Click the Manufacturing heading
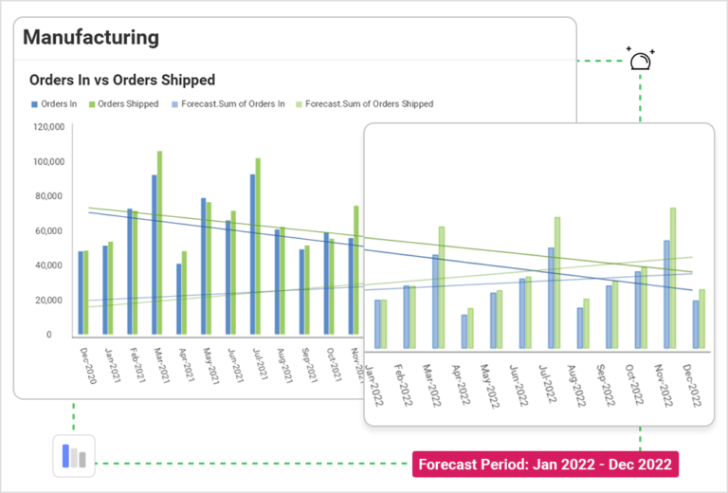[x=91, y=38]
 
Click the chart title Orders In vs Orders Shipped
[x=122, y=81]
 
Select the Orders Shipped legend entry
[x=125, y=104]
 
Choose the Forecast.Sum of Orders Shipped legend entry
[x=365, y=104]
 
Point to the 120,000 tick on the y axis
[x=47, y=126]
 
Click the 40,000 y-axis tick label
[x=47, y=265]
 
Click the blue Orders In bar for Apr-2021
[x=178, y=299]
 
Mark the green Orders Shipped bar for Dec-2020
[x=86, y=293]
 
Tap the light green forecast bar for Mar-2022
[x=441, y=274]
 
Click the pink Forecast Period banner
[x=545, y=465]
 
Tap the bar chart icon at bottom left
[x=74, y=457]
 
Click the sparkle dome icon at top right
[x=642, y=60]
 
